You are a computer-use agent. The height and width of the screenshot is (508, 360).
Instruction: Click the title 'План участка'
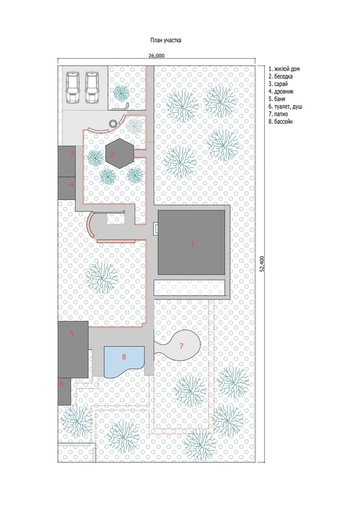point(166,41)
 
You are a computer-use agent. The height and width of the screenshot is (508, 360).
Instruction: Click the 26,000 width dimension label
point(157,56)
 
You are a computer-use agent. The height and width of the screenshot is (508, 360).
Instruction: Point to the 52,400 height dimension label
point(262,263)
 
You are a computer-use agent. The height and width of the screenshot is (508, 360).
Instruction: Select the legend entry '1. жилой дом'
point(284,69)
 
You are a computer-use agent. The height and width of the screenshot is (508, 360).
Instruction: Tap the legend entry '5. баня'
point(277,99)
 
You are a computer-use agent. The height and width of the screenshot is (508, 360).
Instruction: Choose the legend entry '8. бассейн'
point(281,122)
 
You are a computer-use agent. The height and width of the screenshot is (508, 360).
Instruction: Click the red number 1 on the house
point(192,243)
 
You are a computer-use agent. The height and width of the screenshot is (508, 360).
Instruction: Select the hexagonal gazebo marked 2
point(119,153)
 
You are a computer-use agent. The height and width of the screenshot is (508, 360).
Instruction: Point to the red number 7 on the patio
point(182,346)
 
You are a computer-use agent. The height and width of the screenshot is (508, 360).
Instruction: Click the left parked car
point(73,87)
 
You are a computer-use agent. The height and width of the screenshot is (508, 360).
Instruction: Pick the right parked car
point(92,87)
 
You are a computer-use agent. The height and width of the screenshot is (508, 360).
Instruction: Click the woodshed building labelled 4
point(67,188)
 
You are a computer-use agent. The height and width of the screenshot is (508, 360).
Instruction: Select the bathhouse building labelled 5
point(73,350)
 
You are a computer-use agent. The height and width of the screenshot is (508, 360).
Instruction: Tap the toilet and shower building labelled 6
point(65,391)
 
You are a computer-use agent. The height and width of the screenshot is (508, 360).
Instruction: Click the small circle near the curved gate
point(113,123)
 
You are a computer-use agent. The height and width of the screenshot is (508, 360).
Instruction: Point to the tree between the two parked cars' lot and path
point(122,92)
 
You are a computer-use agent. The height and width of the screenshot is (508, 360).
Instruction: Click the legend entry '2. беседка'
point(281,77)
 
